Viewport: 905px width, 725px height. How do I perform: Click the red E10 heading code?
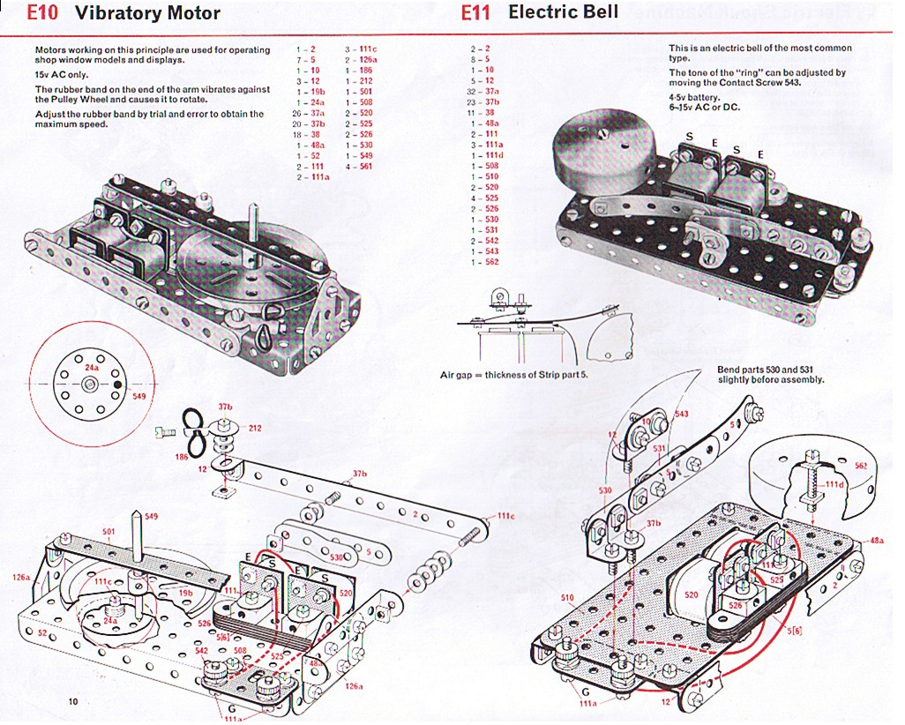point(42,14)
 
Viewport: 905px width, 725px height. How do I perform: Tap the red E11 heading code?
point(477,13)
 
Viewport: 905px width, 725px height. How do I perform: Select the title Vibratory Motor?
point(147,14)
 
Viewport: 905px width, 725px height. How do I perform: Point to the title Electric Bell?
point(563,12)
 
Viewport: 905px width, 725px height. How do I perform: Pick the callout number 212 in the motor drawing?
point(254,430)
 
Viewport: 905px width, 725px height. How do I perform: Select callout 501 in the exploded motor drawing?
point(108,531)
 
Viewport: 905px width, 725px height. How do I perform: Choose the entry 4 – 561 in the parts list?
point(359,167)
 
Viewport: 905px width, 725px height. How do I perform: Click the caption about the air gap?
point(513,376)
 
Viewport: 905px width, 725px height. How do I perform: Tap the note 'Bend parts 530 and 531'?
point(770,374)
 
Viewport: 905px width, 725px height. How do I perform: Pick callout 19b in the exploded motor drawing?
point(185,593)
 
